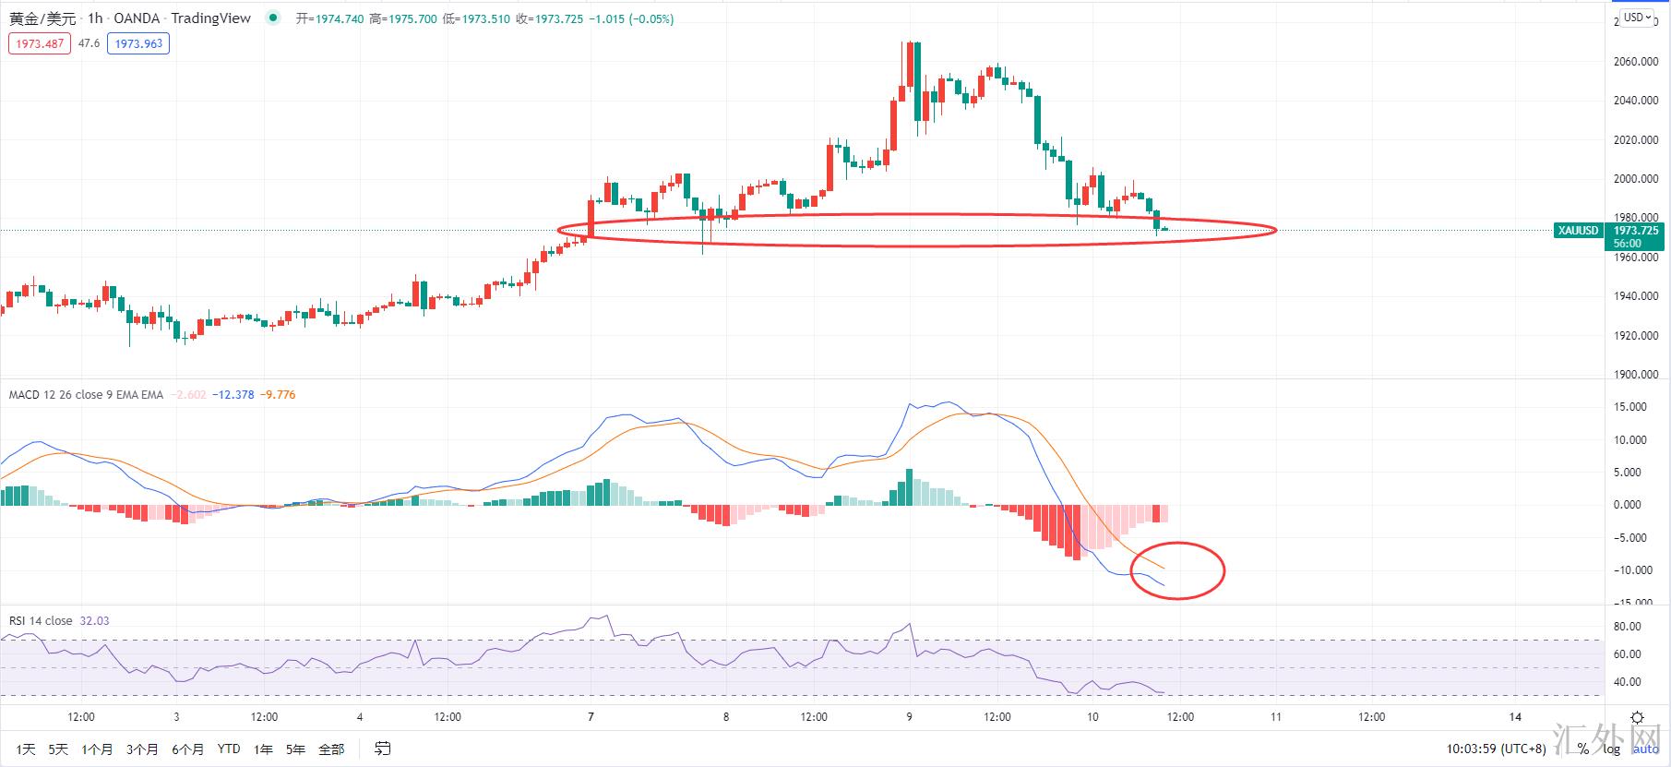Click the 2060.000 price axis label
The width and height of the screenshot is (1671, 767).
[1636, 62]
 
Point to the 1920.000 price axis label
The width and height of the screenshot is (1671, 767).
[1636, 336]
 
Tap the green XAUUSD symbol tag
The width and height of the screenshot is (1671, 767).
[1577, 231]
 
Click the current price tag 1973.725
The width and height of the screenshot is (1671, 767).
[1636, 231]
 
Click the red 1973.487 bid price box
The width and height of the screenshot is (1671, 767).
[40, 43]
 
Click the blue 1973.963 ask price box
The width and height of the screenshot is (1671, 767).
[138, 43]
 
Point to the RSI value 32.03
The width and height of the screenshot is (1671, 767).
[94, 621]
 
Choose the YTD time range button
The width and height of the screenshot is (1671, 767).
[229, 749]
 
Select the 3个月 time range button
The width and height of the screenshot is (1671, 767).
[142, 749]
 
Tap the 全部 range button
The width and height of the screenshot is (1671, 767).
[331, 749]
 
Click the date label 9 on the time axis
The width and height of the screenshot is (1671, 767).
[909, 717]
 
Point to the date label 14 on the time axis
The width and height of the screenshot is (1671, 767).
[1515, 717]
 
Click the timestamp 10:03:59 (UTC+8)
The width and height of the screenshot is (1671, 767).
[1496, 749]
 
